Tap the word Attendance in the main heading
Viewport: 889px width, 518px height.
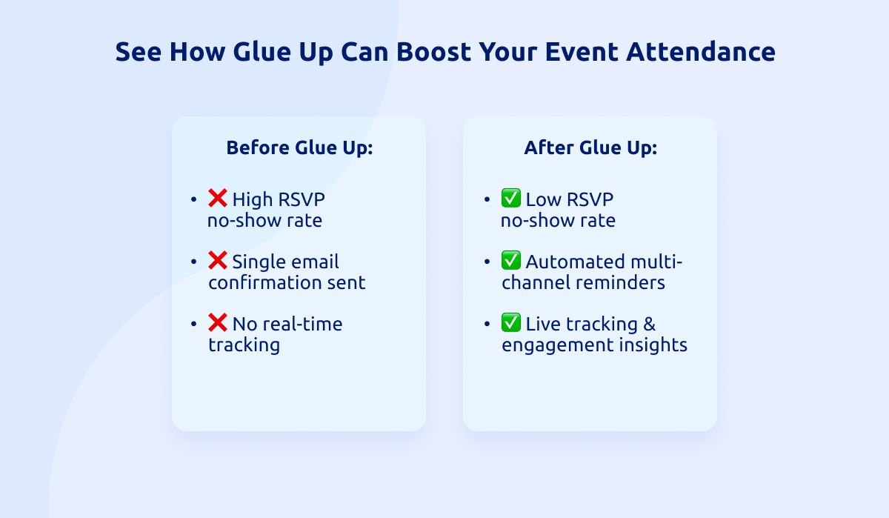click(701, 52)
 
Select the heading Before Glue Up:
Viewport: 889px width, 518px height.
click(299, 147)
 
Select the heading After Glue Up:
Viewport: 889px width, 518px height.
click(590, 147)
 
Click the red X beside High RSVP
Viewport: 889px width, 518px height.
click(218, 198)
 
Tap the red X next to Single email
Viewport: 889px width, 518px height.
click(218, 260)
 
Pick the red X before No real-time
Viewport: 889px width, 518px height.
click(218, 322)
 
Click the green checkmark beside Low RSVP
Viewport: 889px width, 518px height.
click(510, 198)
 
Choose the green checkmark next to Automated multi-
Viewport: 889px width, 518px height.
click(510, 260)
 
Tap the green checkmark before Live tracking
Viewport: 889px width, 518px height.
click(510, 322)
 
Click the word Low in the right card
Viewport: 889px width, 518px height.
click(544, 199)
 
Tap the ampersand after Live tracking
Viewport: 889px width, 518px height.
click(649, 324)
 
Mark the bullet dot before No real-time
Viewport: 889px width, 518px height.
click(193, 324)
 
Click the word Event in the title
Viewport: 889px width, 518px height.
click(582, 52)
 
